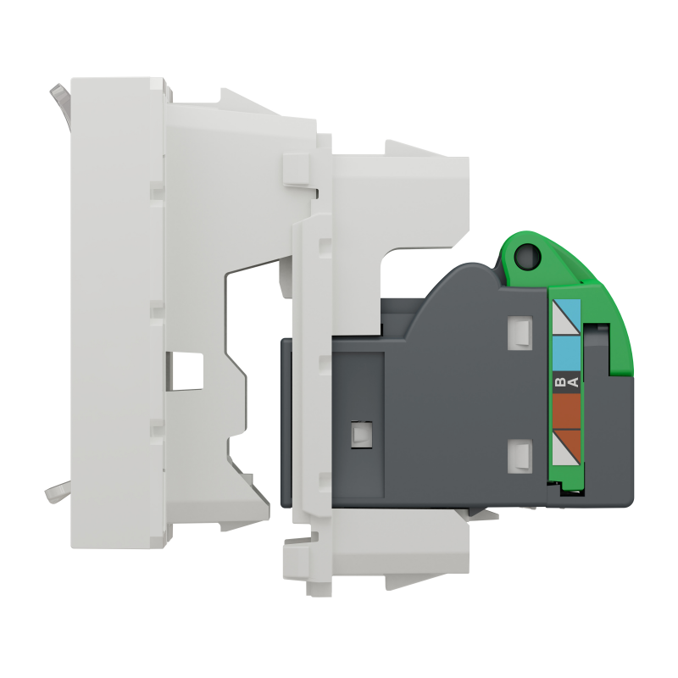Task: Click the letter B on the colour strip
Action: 560,382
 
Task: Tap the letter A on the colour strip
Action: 573,382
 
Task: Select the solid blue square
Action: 566,353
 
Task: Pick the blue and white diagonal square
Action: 566,316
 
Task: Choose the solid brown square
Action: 566,412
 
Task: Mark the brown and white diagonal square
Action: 566,448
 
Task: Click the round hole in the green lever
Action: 527,255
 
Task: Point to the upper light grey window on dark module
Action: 520,332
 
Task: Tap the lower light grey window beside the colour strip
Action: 520,455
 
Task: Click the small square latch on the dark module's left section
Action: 362,434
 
